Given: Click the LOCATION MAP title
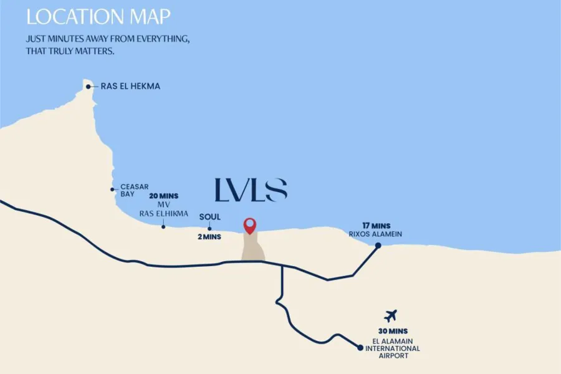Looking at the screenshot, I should coord(98,16).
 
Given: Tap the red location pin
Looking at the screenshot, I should coord(250,225).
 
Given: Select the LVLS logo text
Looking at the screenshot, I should coord(251,190).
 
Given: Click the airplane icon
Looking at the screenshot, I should coord(391,315).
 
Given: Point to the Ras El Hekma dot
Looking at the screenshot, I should coord(89,87).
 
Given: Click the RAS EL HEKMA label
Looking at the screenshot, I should coord(130,87).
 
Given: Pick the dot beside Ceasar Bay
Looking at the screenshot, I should coord(112,189).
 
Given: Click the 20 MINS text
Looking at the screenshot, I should coord(164,196).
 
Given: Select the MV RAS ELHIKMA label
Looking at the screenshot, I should coord(164,209).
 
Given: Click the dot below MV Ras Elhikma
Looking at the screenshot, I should coord(163,226).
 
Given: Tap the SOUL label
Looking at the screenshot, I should coord(210,217).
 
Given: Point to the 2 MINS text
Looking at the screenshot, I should coord(210,237).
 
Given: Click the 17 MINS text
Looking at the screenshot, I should coord(376,225).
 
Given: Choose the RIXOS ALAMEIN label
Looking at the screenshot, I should coord(375,234).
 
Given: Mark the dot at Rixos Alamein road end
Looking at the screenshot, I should coord(378,246).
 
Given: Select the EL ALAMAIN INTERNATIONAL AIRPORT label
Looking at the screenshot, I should coord(392,348).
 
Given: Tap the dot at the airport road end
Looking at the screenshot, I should coord(360,348).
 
